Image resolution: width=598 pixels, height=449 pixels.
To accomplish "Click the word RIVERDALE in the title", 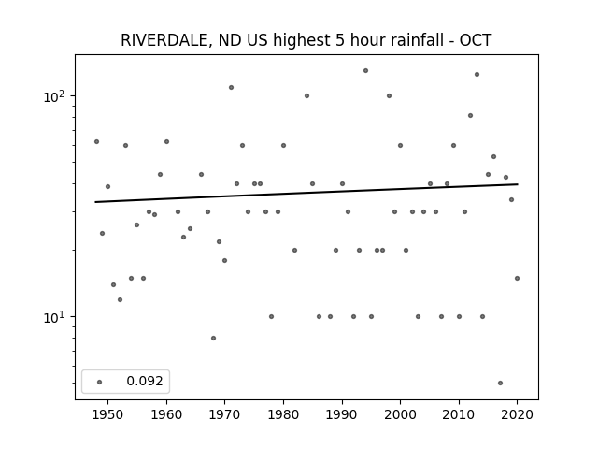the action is coord(164,40).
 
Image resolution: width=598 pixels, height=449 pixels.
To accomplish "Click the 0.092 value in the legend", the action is coord(145,381).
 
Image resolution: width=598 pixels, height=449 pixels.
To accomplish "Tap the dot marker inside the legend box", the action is coord(100,382).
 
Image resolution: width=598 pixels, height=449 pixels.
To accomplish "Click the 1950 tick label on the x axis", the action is coord(108,415).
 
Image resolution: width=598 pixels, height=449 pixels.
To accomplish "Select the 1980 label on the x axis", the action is coord(283,415).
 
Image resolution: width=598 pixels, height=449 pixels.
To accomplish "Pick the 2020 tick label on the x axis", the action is coord(517,415).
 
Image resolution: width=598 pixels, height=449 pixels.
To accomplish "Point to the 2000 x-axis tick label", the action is coord(401,415).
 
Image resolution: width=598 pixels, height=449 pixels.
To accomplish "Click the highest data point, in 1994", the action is coord(365,71).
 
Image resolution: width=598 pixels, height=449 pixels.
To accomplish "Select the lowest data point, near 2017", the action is coord(501,383).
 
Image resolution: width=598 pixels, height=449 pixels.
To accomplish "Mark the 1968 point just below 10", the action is coord(214,339).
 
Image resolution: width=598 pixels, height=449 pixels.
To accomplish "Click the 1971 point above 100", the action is coord(231,87).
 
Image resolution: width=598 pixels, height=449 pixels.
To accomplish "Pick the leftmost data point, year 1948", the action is coord(96,141).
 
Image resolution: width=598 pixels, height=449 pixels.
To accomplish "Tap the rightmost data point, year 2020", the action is coord(517,279).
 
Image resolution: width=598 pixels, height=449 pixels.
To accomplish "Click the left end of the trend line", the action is coord(95,202).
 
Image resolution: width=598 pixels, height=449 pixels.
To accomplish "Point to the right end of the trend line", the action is coord(518,184).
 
